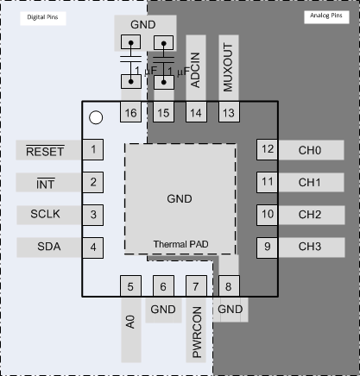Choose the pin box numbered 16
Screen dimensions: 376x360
tap(131, 113)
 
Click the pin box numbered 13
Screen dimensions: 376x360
tap(228, 113)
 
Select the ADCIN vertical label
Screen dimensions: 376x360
tap(196, 68)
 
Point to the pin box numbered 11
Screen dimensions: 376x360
tap(268, 183)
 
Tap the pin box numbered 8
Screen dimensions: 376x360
tap(228, 287)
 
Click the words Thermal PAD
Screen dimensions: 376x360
tap(180, 244)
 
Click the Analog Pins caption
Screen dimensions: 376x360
tap(328, 16)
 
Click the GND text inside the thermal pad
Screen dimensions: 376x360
tap(180, 198)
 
